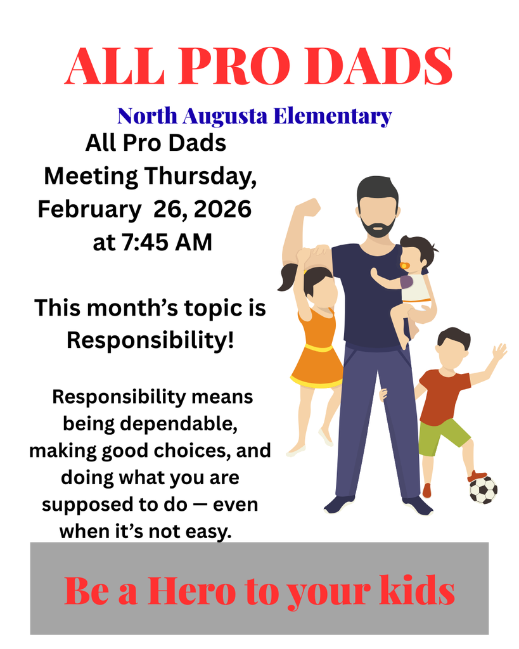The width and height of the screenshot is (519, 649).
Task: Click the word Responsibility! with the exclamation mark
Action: pos(151,340)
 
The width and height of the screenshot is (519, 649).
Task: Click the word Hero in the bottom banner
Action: pos(190,591)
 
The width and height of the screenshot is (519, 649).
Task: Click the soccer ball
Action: pos(483,490)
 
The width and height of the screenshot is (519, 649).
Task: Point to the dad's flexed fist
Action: pos(308,207)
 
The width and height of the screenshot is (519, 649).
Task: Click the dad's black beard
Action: pos(379,226)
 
